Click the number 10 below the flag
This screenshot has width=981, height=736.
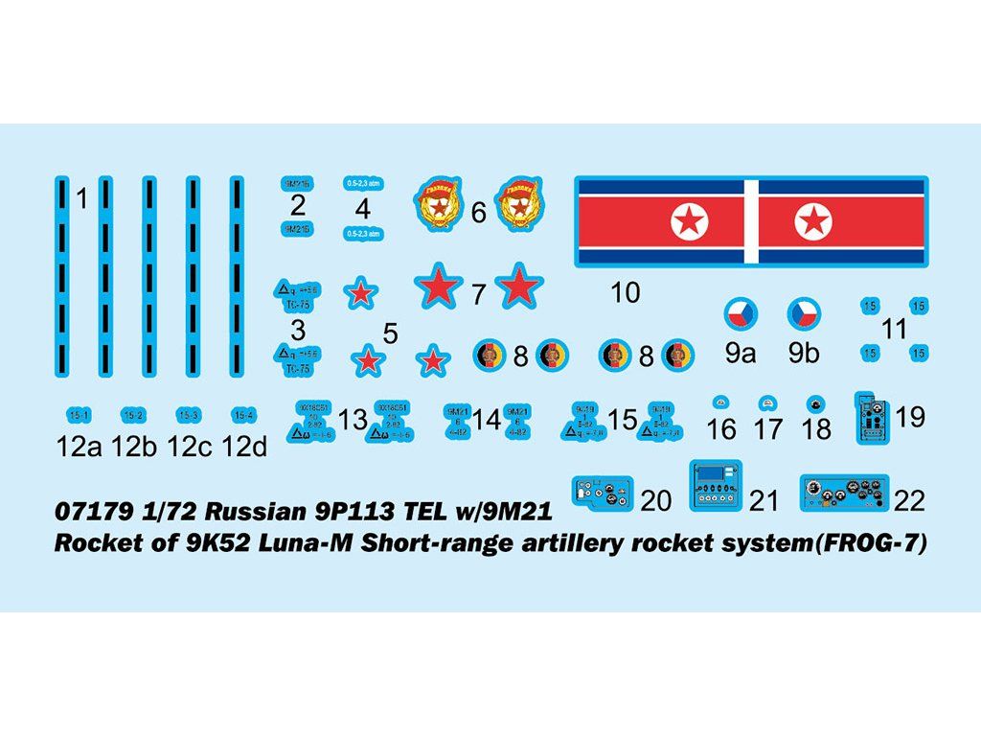tap(625, 292)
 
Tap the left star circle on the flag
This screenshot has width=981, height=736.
tap(690, 222)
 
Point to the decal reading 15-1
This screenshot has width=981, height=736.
tap(79, 415)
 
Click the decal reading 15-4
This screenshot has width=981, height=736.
tap(244, 415)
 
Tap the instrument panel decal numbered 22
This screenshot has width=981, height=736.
tap(842, 494)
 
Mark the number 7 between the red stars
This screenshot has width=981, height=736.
tap(479, 295)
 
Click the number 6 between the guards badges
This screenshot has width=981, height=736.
tap(478, 213)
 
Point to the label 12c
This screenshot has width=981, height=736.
tap(188, 447)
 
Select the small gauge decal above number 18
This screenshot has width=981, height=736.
tap(815, 402)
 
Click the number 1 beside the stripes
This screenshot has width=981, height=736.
tap(82, 199)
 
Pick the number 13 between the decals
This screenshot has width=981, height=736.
tap(353, 419)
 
